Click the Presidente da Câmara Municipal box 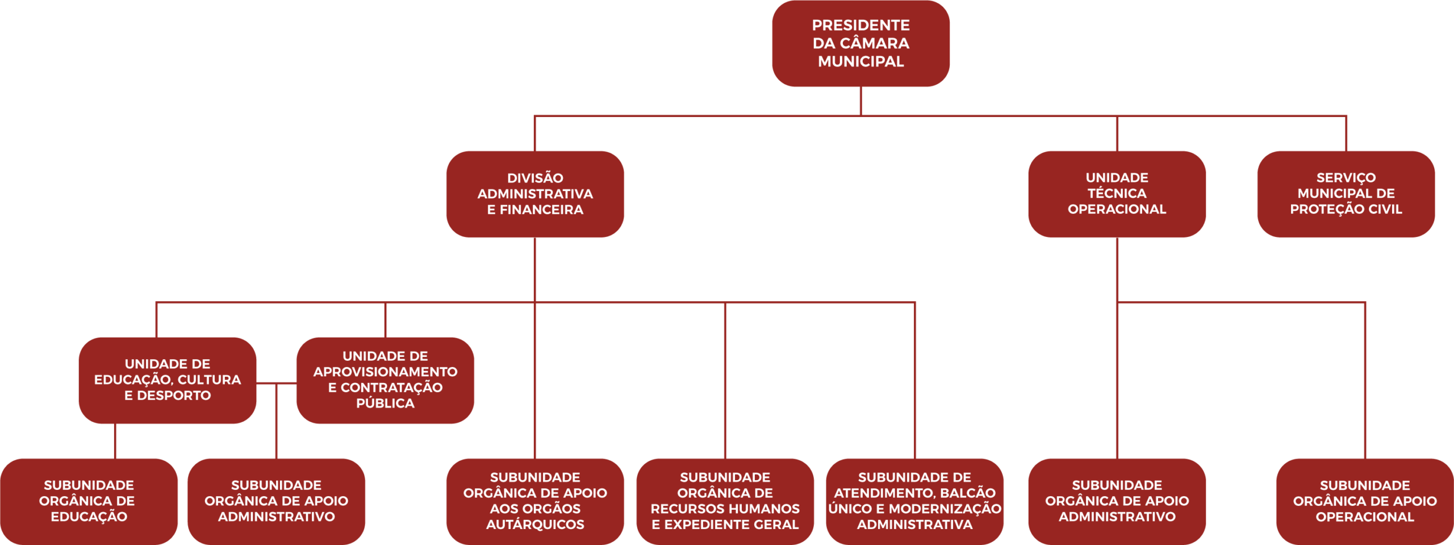pos(860,43)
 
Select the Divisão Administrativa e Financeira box pos(535,194)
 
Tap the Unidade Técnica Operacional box pos(1117,194)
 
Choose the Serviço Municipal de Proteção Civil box pos(1346,194)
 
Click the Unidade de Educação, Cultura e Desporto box pos(168,380)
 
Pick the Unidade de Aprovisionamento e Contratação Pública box pos(385,380)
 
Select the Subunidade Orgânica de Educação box pos(89,501)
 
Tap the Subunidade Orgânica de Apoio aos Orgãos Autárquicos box pos(535,501)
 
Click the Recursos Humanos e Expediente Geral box pos(725,501)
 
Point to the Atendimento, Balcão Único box pos(914,501)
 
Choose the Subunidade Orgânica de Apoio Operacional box pos(1365,501)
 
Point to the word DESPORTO pos(174,396)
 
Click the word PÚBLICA pos(385,403)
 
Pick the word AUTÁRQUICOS pos(535,525)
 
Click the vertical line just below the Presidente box pos(861,101)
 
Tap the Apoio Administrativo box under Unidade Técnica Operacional pos(1117,501)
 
